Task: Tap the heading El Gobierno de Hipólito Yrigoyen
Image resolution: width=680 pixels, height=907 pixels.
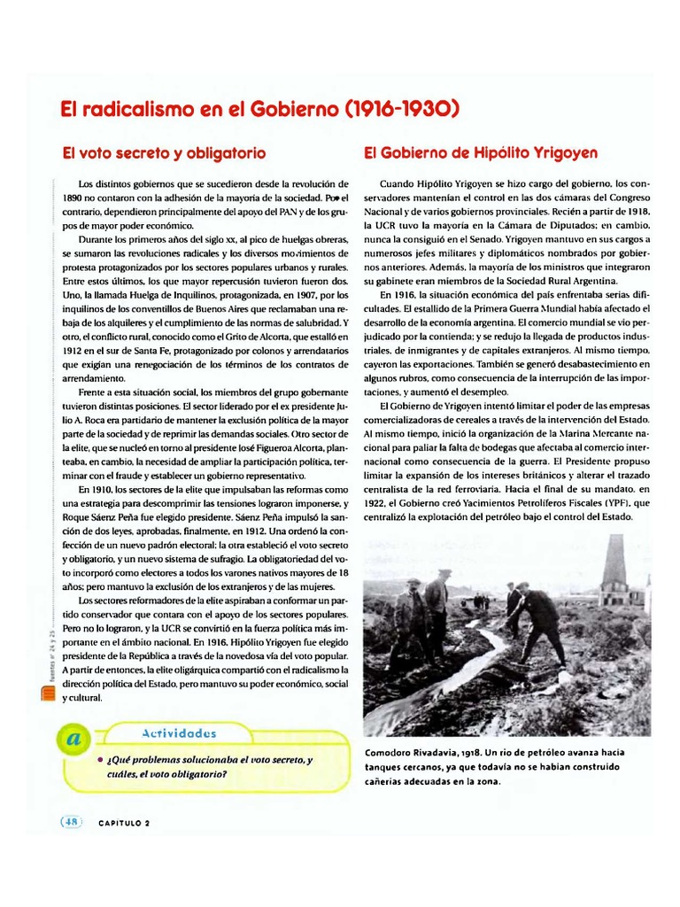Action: click(x=481, y=152)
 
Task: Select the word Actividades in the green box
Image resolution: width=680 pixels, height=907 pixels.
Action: click(x=178, y=733)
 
